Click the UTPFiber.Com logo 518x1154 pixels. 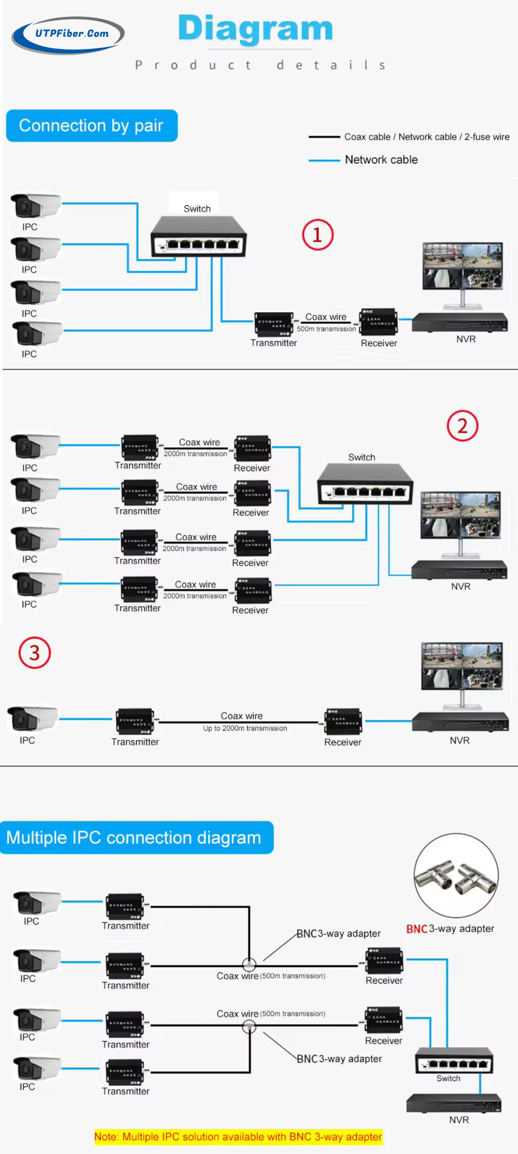(x=68, y=34)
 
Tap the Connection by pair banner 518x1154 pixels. (x=92, y=126)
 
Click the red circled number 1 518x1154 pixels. (x=317, y=235)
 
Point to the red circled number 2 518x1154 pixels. (x=462, y=426)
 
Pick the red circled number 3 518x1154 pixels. (x=35, y=653)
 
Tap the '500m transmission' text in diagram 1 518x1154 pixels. (x=326, y=329)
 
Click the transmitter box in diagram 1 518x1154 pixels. (x=273, y=324)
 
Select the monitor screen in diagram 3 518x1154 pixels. (x=461, y=666)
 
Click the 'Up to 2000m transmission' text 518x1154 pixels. (x=245, y=728)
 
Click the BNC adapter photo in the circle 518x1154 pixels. (x=456, y=875)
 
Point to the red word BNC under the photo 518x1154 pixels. (x=417, y=929)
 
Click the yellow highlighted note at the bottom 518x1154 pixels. (x=238, y=1137)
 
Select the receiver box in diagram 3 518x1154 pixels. (x=343, y=721)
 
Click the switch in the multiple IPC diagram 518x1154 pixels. (x=454, y=1061)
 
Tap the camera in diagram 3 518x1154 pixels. (x=32, y=719)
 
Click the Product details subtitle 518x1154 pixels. (x=260, y=66)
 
